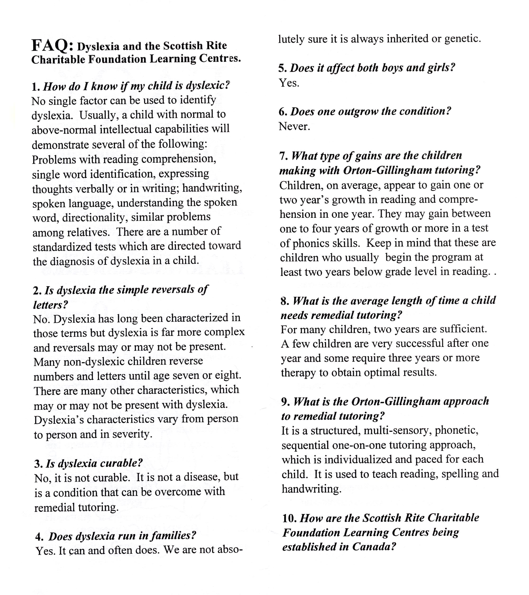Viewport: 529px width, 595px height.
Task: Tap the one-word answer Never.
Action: pos(294,126)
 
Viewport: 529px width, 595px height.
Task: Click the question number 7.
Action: pos(283,156)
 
